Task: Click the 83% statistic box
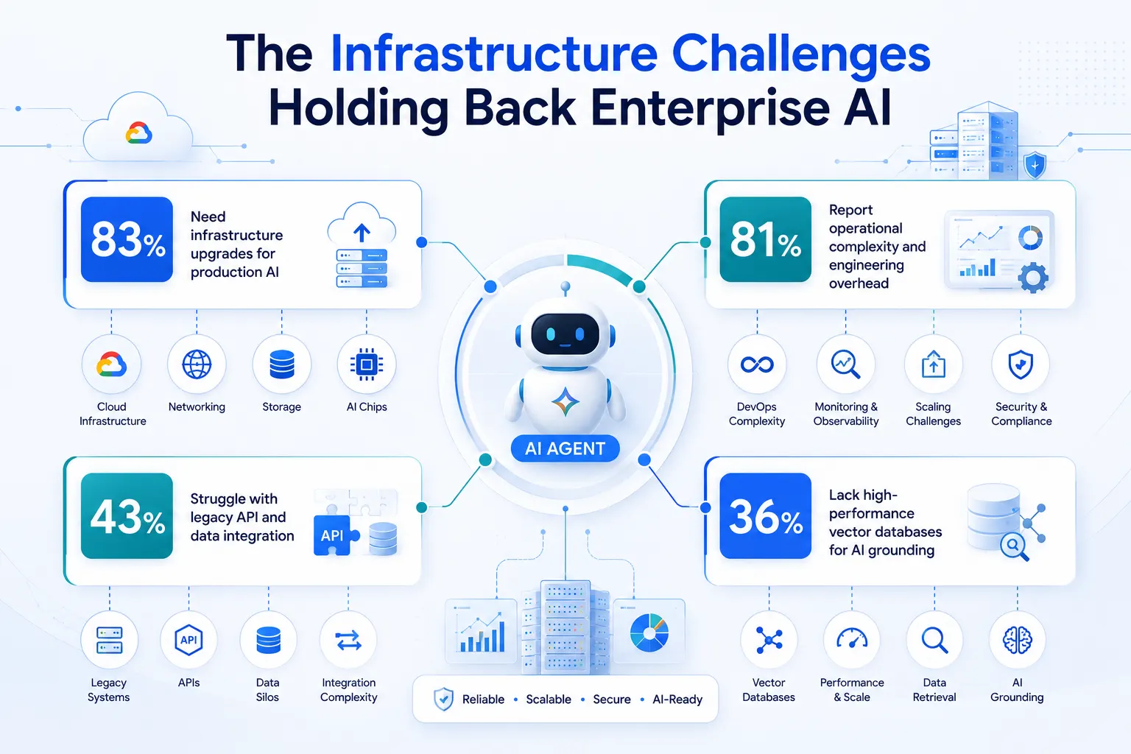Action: coord(127,239)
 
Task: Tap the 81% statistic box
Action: coord(766,239)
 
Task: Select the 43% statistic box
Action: coord(127,515)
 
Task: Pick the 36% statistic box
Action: coord(766,515)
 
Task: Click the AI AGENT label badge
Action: coord(565,448)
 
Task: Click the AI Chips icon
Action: coord(367,364)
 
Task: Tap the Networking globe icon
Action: coord(197,364)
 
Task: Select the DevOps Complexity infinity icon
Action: coord(757,364)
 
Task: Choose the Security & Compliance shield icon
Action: coord(1021,364)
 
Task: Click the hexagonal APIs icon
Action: coord(188,640)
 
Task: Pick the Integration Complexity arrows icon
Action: coord(348,641)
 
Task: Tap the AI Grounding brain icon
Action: coord(1017,640)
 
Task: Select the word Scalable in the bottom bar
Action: coord(549,699)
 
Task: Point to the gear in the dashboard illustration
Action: coord(1033,278)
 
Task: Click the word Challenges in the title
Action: coord(801,54)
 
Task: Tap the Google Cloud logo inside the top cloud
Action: coord(138,133)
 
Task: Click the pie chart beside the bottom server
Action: coord(649,633)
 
